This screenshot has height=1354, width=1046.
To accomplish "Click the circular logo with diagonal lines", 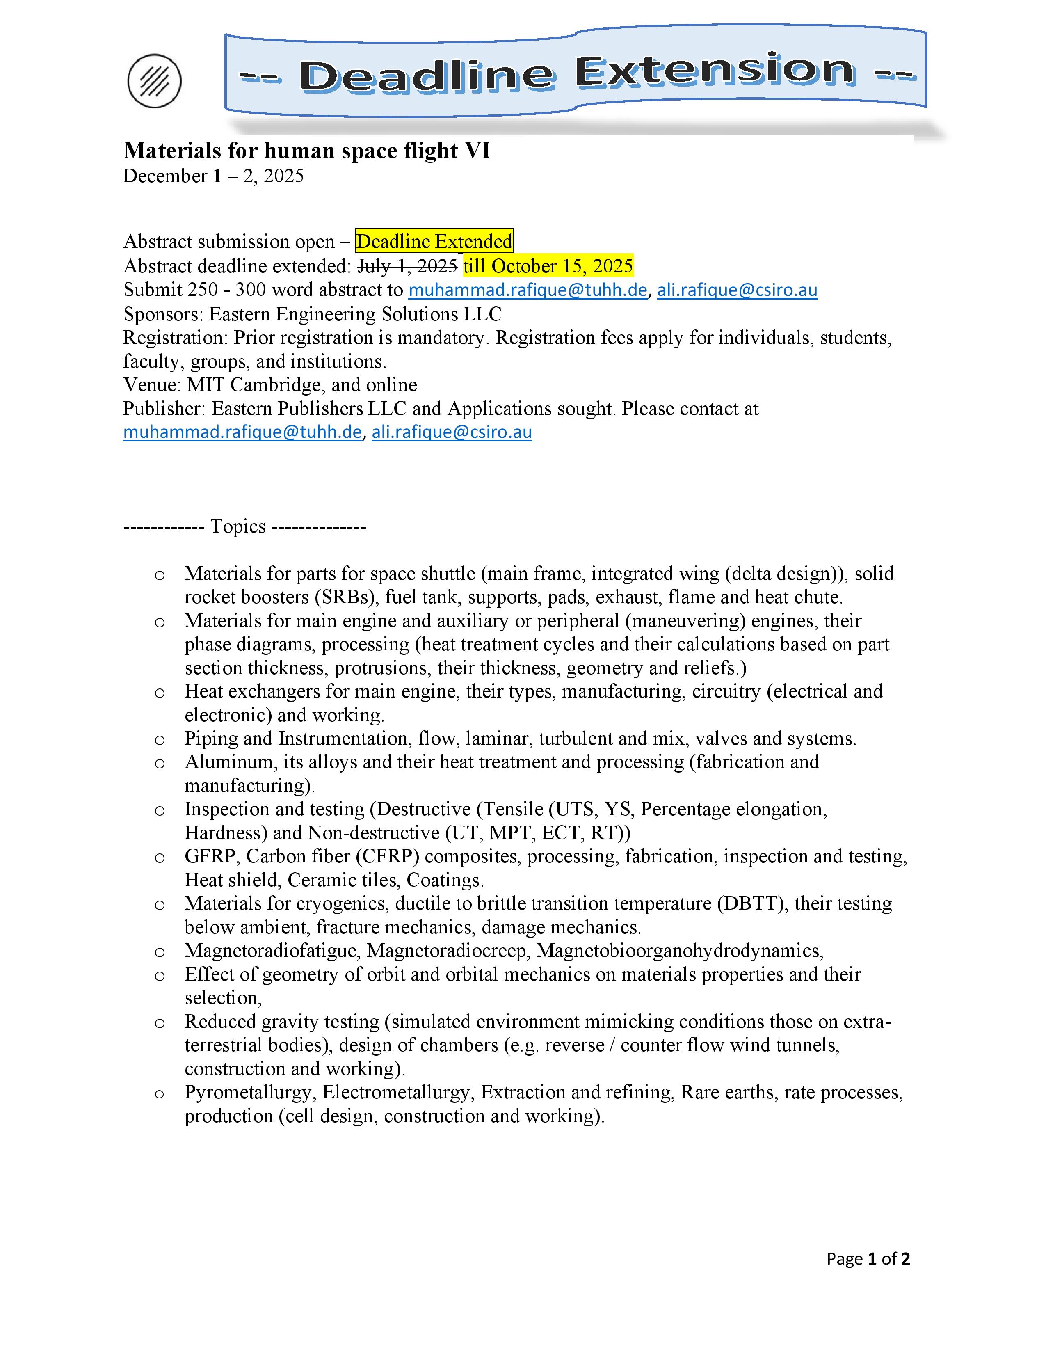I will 154,80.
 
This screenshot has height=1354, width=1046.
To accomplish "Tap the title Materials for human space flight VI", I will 307,151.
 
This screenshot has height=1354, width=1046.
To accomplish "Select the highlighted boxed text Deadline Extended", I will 434,241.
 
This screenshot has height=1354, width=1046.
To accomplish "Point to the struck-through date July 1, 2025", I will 408,266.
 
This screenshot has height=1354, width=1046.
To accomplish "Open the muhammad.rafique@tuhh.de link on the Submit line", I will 528,290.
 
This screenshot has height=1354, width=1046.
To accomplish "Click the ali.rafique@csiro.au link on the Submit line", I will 737,290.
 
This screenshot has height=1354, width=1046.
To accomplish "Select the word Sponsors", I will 162,314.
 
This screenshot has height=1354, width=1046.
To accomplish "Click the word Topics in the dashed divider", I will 238,526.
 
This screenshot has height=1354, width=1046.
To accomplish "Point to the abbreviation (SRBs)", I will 346,597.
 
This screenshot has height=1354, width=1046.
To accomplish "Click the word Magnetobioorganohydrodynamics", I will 680,950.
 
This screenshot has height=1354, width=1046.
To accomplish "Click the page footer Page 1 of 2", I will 868,1258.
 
